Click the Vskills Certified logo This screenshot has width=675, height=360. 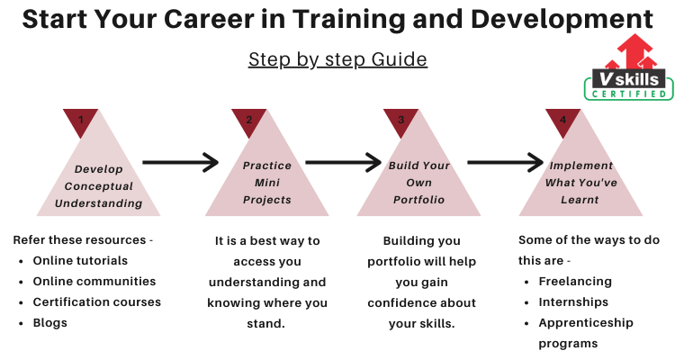click(629, 67)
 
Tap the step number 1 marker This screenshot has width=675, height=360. click(80, 121)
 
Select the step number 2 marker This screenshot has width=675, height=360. click(248, 121)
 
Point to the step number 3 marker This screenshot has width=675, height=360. click(400, 121)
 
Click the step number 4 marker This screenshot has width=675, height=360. click(562, 121)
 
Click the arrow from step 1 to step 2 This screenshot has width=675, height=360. click(180, 162)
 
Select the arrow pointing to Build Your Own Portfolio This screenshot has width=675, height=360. click(343, 162)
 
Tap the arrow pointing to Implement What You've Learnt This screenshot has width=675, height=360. click(506, 162)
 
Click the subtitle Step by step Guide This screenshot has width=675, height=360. click(337, 59)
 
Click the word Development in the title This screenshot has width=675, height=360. click(562, 20)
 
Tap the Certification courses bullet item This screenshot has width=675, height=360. click(97, 301)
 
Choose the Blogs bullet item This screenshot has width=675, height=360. click(49, 323)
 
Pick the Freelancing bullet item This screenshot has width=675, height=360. click(575, 282)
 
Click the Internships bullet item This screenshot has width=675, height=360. click(573, 302)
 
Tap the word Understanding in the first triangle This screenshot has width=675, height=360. click(99, 203)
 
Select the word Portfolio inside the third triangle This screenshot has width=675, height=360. click(418, 200)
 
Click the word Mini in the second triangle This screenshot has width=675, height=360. click(267, 183)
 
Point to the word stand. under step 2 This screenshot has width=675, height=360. click(265, 323)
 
